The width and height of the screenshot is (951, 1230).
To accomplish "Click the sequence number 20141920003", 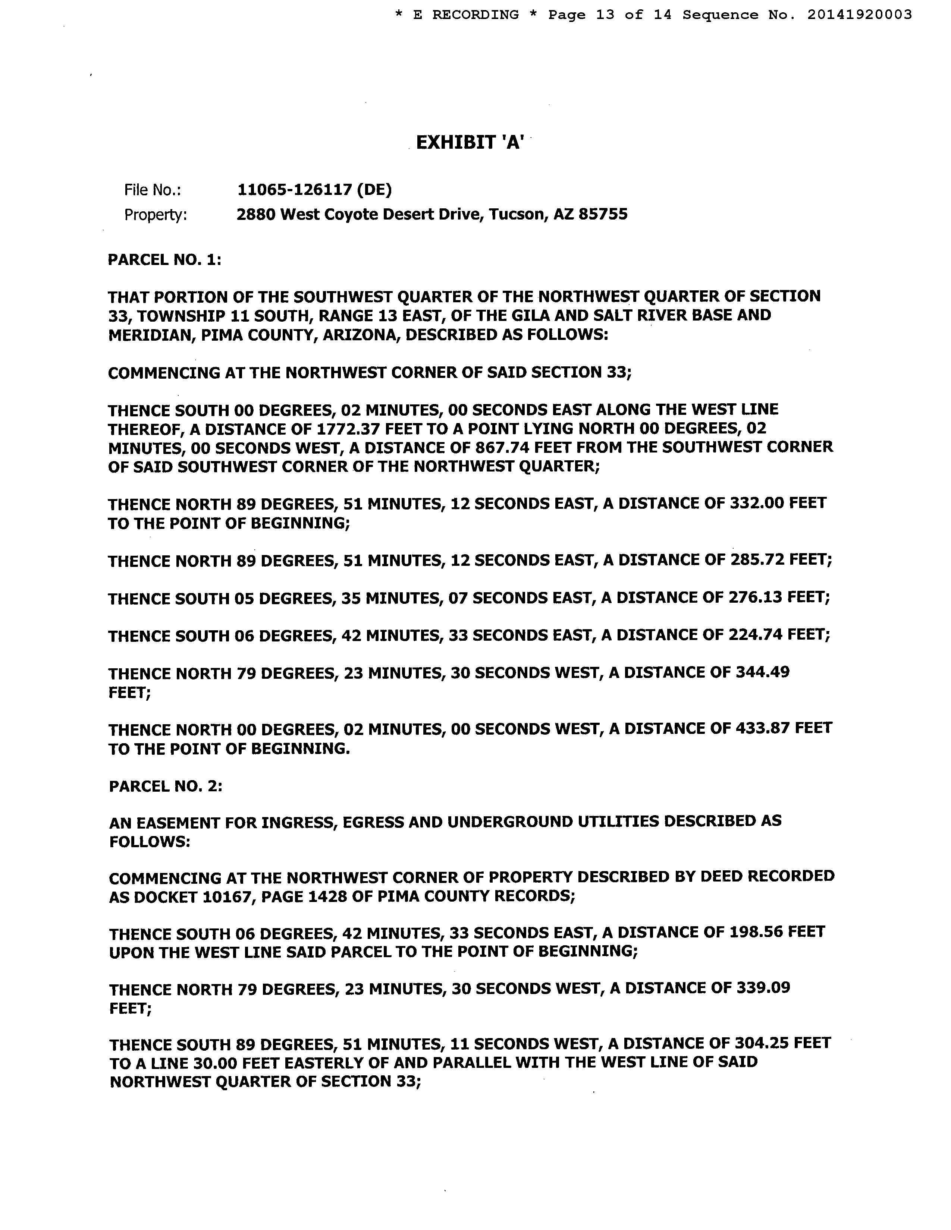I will [859, 15].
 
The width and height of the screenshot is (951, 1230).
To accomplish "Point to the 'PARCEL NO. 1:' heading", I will [164, 260].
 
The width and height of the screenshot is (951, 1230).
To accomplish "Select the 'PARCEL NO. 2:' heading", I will [166, 786].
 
